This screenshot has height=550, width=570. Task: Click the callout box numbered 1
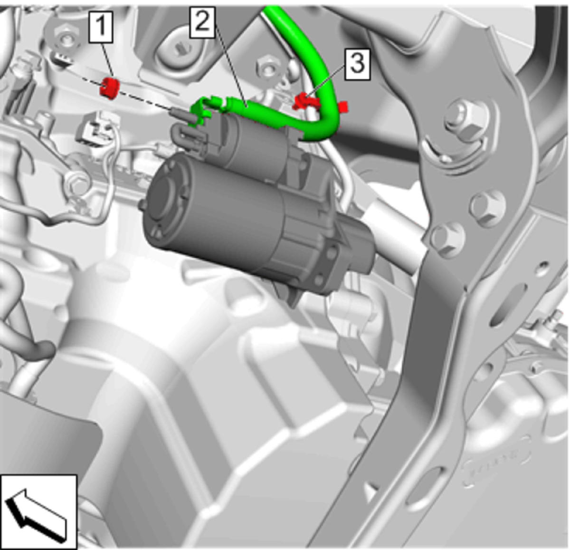[101, 28]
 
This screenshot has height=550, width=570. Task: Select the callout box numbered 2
[202, 23]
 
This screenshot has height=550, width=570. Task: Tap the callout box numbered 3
[357, 64]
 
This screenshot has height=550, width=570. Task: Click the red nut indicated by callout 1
[110, 88]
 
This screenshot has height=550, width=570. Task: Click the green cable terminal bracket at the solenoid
[205, 110]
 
